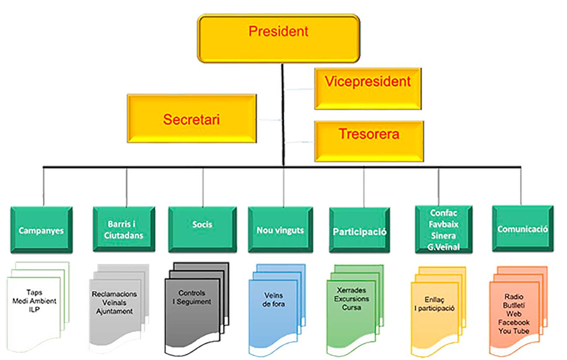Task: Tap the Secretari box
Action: [191, 119]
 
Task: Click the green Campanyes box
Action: [41, 230]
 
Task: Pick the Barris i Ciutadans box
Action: [123, 230]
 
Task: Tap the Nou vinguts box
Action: [280, 230]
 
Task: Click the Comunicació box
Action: [522, 228]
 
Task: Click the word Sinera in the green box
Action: [444, 236]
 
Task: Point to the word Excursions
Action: [351, 299]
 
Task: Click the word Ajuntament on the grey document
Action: [114, 311]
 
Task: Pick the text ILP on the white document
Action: [34, 309]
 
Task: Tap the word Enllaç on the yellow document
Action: [434, 300]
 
